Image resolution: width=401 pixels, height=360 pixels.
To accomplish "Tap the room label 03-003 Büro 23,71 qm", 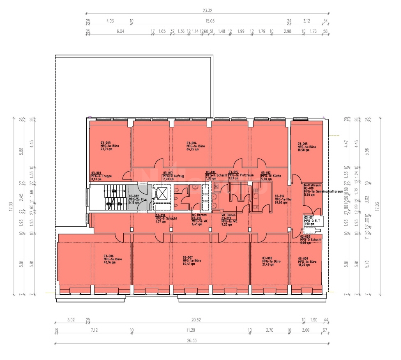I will tap(106, 146).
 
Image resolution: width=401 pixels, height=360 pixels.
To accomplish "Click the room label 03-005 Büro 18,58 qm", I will tap(307, 147).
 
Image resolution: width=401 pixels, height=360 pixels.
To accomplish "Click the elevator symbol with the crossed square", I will tap(163, 193).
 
